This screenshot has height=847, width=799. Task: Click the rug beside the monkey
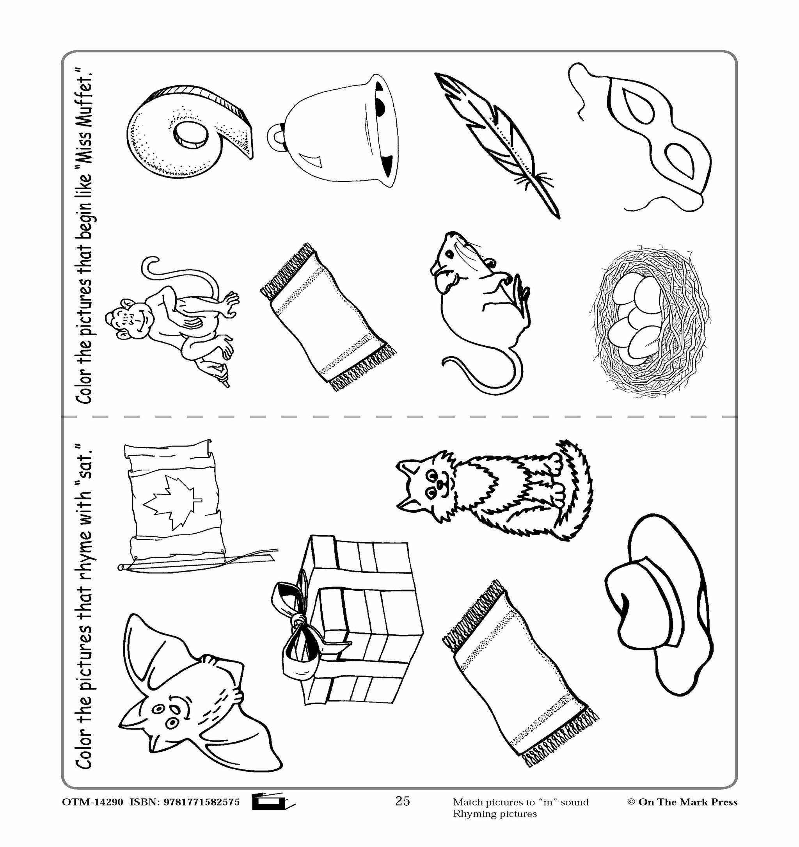pyautogui.click(x=328, y=318)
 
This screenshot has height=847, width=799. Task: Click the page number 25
pyautogui.click(x=402, y=801)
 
